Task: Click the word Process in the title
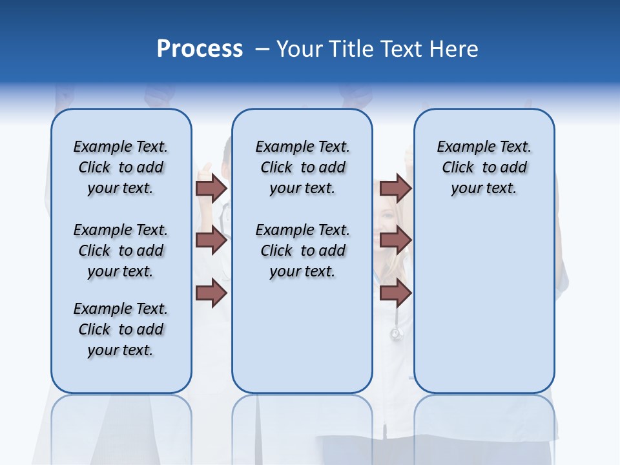[200, 49]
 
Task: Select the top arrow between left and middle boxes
[211, 189]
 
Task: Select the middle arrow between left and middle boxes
[211, 241]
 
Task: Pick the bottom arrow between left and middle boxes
[211, 293]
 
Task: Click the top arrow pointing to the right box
[396, 189]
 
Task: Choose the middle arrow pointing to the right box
[396, 241]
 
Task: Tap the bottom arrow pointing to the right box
[396, 293]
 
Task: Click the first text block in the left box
[121, 167]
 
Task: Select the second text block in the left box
[121, 251]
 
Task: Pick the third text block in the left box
[121, 329]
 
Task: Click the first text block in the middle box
[302, 167]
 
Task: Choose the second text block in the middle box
[302, 251]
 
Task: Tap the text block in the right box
[484, 167]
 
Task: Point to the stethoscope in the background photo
[396, 333]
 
